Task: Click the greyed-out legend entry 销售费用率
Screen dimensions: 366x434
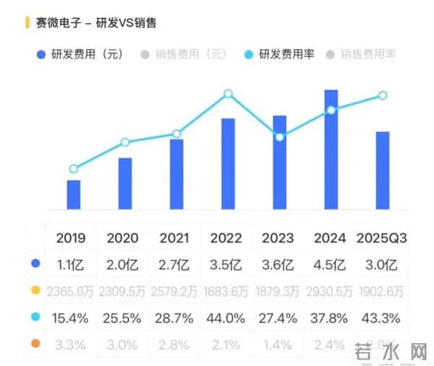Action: tap(367, 54)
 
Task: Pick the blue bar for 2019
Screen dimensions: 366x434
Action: tap(74, 194)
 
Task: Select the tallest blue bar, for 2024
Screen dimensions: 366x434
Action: tap(331, 149)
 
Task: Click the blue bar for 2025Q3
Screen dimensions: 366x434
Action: tap(383, 170)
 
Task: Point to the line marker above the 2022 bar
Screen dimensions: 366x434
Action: tap(229, 94)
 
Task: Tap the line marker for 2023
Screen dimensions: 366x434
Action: tap(280, 136)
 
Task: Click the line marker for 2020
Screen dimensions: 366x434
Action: tap(125, 142)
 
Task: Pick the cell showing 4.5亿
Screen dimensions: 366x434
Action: tap(331, 263)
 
